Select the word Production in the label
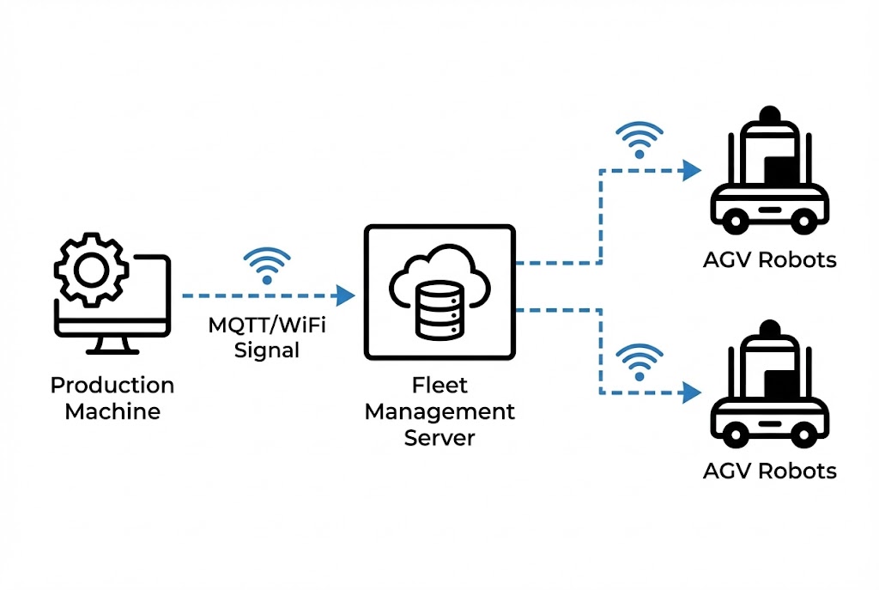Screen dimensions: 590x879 pyautogui.click(x=112, y=386)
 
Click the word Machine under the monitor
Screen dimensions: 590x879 pyautogui.click(x=112, y=411)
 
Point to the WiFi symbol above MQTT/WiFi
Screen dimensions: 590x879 pyautogui.click(x=267, y=267)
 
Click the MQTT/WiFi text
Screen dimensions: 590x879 pyautogui.click(x=266, y=326)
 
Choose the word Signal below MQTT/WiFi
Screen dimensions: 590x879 pyautogui.click(x=267, y=350)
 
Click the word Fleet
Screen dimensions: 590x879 pyautogui.click(x=439, y=386)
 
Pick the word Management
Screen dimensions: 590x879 pyautogui.click(x=439, y=411)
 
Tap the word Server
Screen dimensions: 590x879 pyautogui.click(x=439, y=437)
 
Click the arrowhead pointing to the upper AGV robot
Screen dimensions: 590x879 pyautogui.click(x=690, y=170)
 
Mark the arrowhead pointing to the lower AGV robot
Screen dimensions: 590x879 pyautogui.click(x=690, y=394)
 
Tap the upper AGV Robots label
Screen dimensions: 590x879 pyautogui.click(x=769, y=259)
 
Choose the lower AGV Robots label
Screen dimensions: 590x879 pyautogui.click(x=769, y=471)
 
